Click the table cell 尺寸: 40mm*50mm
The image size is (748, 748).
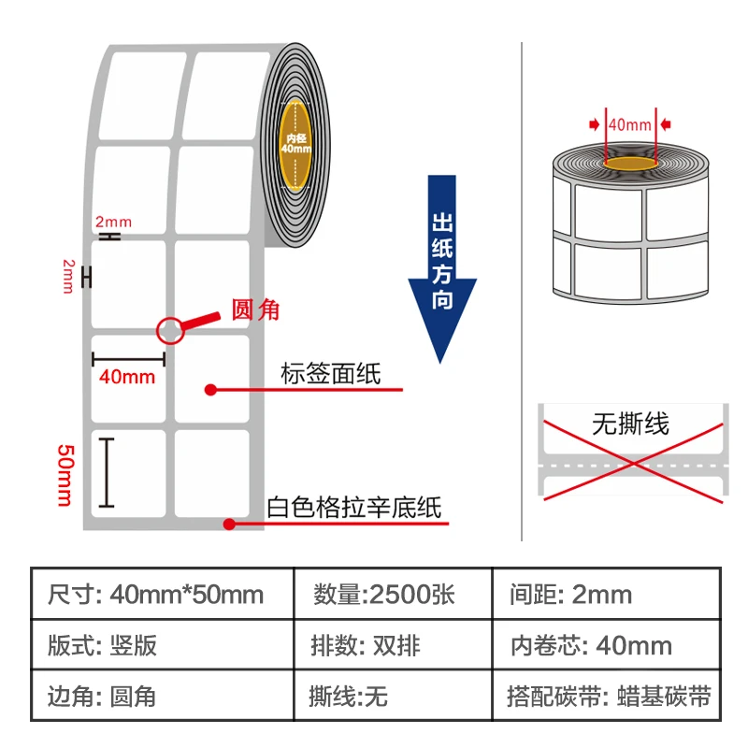155,595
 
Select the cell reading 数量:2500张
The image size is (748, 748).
382,595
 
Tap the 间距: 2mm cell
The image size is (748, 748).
571,595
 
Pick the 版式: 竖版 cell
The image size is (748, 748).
102,645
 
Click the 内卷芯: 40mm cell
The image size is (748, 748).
590,645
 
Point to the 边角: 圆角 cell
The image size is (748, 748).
102,697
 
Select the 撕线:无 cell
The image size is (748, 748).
348,697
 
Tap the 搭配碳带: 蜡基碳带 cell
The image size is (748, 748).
609,697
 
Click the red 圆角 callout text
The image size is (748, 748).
255,309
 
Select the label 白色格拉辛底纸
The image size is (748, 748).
353,509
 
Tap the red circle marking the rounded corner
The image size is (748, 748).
170,328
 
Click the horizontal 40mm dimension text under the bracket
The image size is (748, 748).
127,377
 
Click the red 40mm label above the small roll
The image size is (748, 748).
629,123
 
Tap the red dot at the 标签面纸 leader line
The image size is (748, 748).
210,389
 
